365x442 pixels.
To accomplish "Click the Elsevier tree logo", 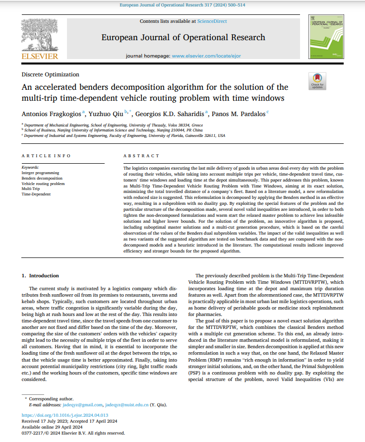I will pyautogui.click(x=39, y=33).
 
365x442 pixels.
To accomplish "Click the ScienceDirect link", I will pyautogui.click(x=212, y=21).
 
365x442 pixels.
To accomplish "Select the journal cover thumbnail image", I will pyautogui.click(x=326, y=37).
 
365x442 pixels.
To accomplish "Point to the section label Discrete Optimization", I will pyautogui.click(x=50, y=74).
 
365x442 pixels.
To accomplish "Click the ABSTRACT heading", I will pyautogui.click(x=141, y=156).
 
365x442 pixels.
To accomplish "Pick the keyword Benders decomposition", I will pyautogui.click(x=42, y=178).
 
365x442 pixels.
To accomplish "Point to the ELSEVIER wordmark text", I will pyautogui.click(x=39, y=56).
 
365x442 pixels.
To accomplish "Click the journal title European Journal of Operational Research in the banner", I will pyautogui.click(x=183, y=37).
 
